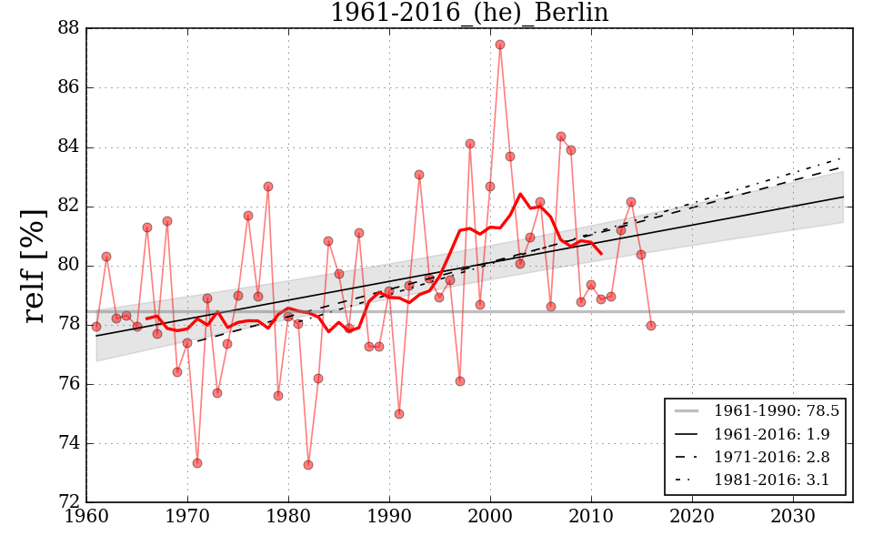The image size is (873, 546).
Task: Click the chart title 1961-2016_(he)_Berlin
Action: pyautogui.click(x=469, y=14)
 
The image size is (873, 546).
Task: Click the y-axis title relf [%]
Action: pyautogui.click(x=35, y=266)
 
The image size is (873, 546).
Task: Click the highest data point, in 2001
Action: pyautogui.click(x=500, y=45)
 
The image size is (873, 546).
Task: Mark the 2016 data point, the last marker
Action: pyautogui.click(x=651, y=326)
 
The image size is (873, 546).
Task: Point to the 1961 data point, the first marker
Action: pyautogui.click(x=96, y=327)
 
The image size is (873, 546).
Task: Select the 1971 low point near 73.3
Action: pyautogui.click(x=197, y=463)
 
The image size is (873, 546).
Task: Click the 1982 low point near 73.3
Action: pyautogui.click(x=308, y=465)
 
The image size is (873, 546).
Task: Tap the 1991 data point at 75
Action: pyautogui.click(x=399, y=414)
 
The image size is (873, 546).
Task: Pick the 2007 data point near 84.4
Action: pyautogui.click(x=561, y=136)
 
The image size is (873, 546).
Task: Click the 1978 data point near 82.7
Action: pyautogui.click(x=268, y=187)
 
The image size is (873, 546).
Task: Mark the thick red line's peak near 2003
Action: pyautogui.click(x=521, y=194)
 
